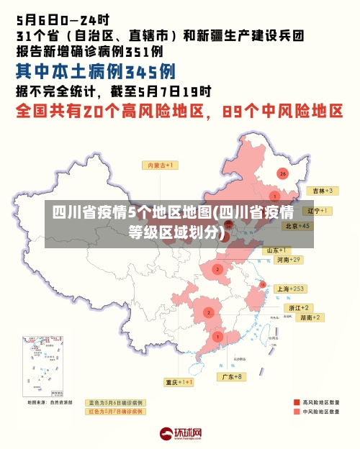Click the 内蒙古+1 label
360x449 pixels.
tap(162, 165)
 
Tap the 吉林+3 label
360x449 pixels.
tap(320, 191)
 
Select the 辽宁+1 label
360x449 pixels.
tap(318, 211)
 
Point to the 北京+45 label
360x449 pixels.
tap(297, 226)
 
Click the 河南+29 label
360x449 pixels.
tap(289, 259)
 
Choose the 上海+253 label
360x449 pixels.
tap(291, 289)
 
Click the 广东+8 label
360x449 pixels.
tap(232, 376)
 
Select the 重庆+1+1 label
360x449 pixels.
tap(179, 382)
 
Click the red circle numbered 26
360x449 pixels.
tap(282, 173)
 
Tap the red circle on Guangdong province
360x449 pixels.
tap(217, 336)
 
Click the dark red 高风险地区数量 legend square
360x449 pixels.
tap(297, 402)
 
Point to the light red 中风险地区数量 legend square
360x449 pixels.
tap(297, 412)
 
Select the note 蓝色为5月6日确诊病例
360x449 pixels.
tap(115, 402)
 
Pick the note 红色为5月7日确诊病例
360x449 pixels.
tap(115, 412)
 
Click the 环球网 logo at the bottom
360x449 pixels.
tap(180, 434)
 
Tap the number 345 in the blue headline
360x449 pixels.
tap(140, 71)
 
